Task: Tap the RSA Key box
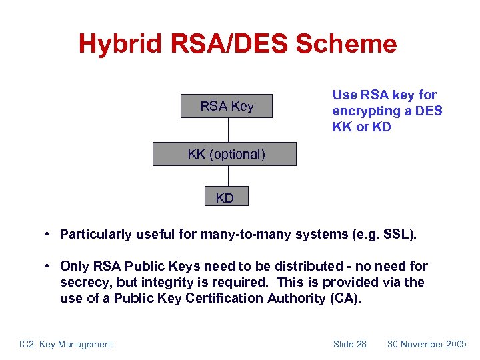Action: click(227, 106)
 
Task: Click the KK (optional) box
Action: click(224, 154)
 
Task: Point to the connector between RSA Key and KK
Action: click(228, 130)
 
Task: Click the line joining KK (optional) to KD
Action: click(228, 176)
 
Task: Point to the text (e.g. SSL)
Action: click(386, 234)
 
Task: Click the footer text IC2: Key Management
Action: click(66, 344)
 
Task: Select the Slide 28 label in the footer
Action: click(349, 344)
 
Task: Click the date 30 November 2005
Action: click(427, 344)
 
